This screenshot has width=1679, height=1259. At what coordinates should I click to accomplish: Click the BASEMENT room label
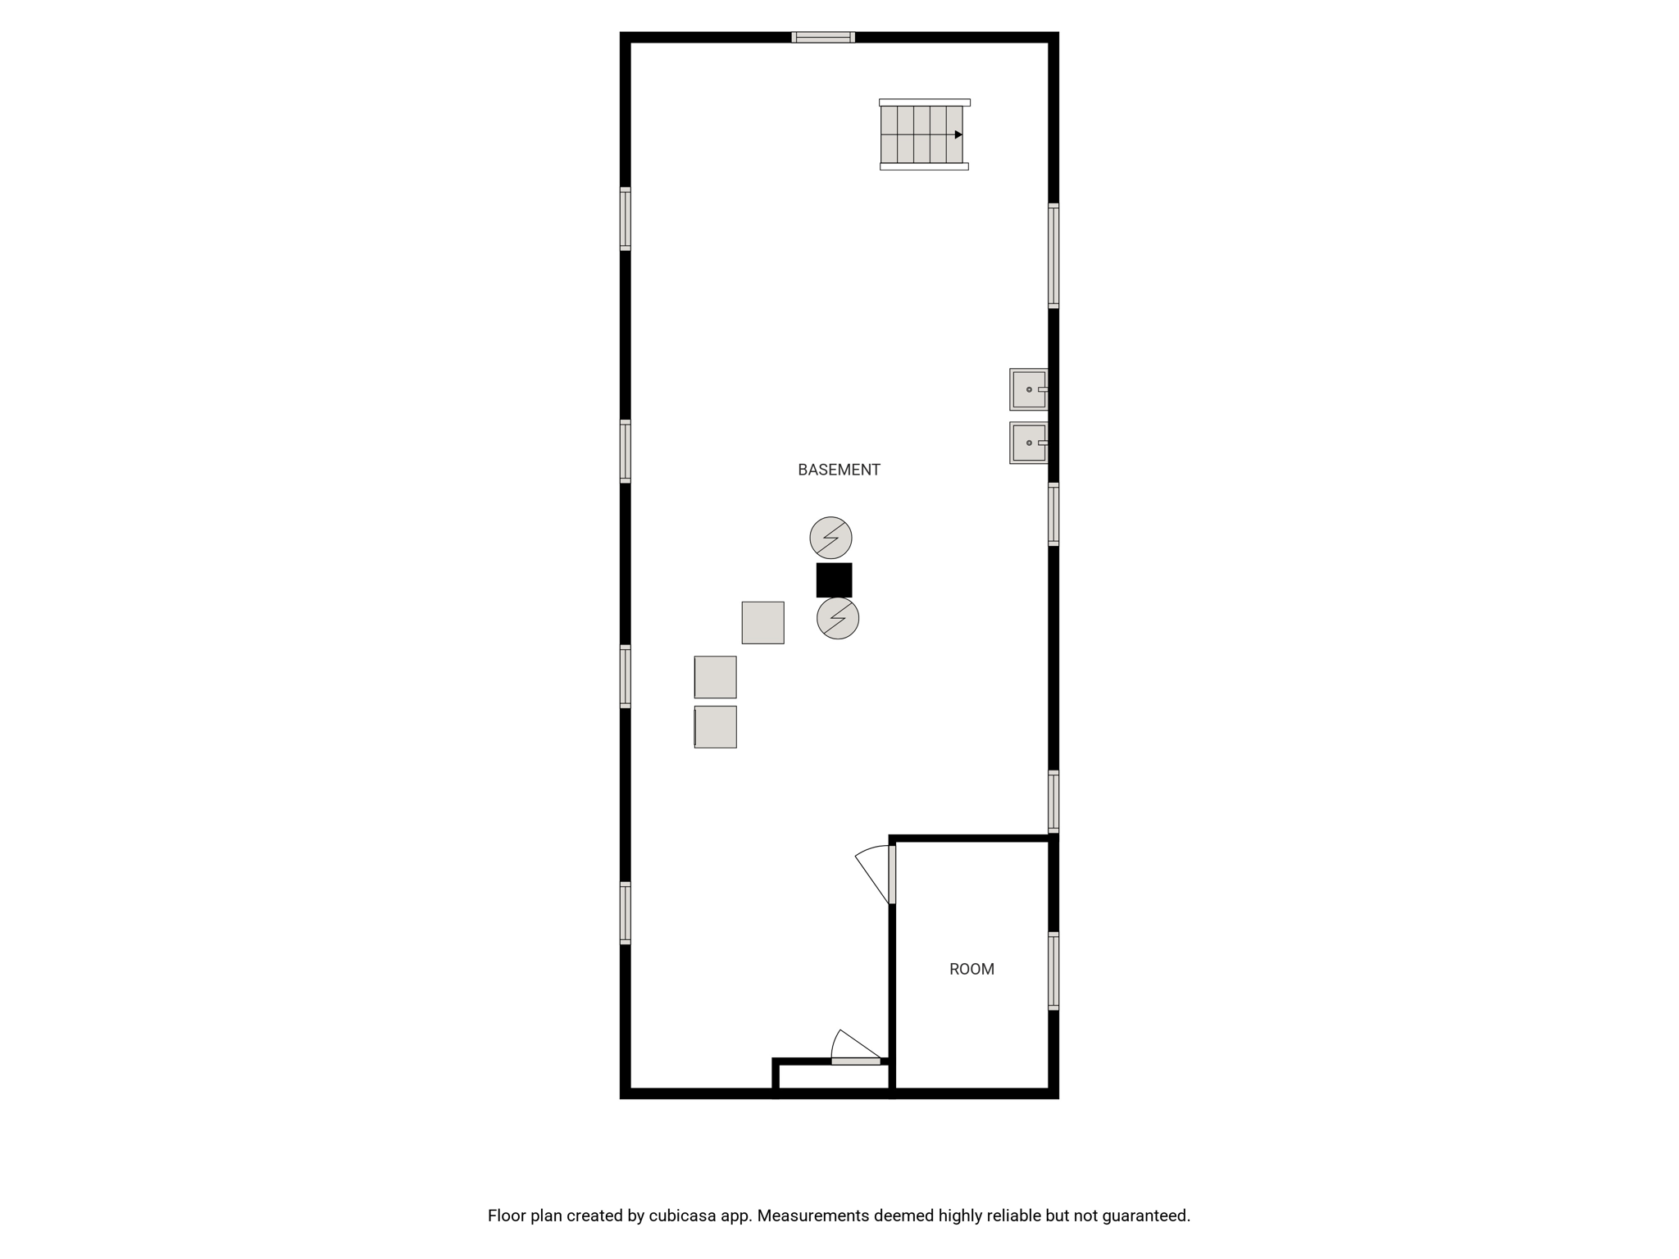(x=839, y=470)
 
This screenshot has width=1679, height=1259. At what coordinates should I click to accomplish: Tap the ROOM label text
(x=971, y=969)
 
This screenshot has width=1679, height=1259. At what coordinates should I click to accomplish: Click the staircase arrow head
(x=958, y=134)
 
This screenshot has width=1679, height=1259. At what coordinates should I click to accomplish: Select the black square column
(x=834, y=580)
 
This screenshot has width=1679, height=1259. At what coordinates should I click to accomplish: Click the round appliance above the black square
(x=830, y=538)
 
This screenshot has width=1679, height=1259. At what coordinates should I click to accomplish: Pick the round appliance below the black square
(x=838, y=618)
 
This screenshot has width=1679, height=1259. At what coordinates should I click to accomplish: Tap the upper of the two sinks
(x=1029, y=389)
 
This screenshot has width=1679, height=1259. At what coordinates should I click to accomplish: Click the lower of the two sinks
(x=1029, y=443)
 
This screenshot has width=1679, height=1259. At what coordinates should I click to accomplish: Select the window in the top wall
(x=823, y=37)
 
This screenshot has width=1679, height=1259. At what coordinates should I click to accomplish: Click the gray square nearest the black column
(x=762, y=623)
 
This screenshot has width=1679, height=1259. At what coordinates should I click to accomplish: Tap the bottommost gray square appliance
(x=715, y=727)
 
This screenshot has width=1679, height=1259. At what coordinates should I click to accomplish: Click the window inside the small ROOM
(x=1053, y=971)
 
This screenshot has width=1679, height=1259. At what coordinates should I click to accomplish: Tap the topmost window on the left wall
(x=625, y=219)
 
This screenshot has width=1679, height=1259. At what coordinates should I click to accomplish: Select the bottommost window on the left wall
(x=625, y=913)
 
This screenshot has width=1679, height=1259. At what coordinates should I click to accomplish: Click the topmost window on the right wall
(x=1053, y=256)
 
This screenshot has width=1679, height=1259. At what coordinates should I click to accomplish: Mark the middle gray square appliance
(x=715, y=677)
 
